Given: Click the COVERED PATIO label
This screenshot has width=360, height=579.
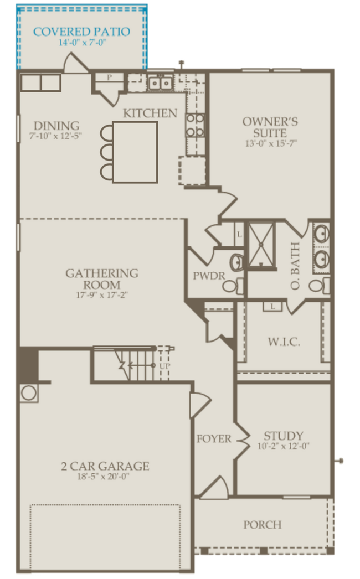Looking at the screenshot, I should click(81, 31).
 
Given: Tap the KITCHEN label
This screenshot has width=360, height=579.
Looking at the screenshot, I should click(150, 113).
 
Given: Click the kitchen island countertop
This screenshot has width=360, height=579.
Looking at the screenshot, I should click(135, 152).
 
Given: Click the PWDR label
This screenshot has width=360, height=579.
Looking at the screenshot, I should click(204, 276).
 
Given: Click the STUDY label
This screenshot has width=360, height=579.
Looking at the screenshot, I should click(283, 436).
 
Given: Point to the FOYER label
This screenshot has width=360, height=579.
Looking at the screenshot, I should click(214, 439).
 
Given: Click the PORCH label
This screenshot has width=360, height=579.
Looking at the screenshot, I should click(263, 524).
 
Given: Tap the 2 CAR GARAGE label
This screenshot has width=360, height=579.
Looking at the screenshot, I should click(105, 466).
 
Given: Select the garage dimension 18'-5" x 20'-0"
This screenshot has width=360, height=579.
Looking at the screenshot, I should click(105, 477).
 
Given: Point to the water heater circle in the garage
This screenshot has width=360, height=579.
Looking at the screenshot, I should click(29, 394).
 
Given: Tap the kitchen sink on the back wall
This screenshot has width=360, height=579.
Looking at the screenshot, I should click(160, 84).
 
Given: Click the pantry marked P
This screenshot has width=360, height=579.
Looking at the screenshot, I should click(109, 78).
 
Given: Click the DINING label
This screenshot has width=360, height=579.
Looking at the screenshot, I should click(56, 126).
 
